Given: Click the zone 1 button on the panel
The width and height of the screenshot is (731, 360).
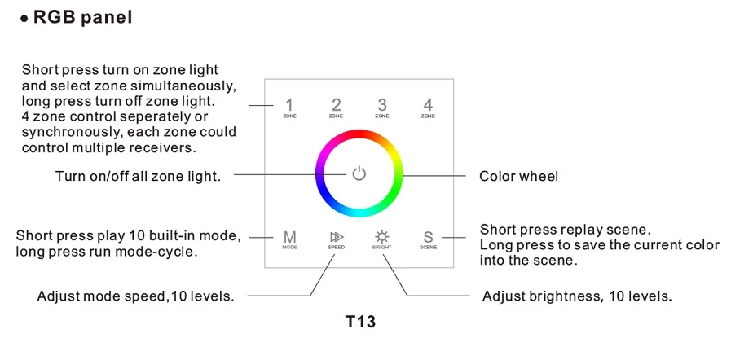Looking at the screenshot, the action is coord(289,108).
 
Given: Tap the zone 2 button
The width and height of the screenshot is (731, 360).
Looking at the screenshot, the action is coord(336,108).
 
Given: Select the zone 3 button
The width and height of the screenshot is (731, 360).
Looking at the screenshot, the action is coord(382,108).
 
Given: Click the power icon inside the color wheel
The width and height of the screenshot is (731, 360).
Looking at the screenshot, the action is coord(359,173).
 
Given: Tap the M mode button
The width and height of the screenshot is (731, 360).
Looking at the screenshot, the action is coord(289,239).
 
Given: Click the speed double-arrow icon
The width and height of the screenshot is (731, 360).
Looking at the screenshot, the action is coord(336,237).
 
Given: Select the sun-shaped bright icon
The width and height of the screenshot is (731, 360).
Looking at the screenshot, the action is coord(382,236).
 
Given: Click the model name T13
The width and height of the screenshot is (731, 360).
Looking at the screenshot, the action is coord(360,322).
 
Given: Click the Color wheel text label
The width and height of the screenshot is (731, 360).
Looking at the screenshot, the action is coord(518,177).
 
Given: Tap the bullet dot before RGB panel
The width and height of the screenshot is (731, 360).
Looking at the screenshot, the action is coord(24,19).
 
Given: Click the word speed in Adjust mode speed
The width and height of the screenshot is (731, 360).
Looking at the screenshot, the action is coord(144,296).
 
